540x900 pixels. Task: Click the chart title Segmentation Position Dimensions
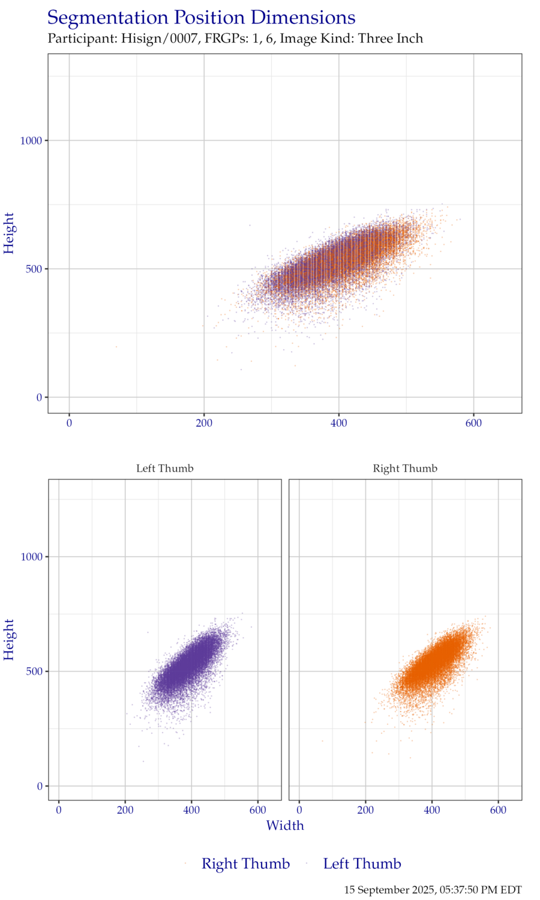coord(201,18)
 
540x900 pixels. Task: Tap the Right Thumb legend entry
coord(245,864)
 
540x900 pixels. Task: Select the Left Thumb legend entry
coord(361,864)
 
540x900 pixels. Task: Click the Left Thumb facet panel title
coord(164,468)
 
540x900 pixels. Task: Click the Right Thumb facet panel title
coord(405,468)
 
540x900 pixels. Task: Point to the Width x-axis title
coord(285,826)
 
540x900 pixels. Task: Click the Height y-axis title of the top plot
coord(9,233)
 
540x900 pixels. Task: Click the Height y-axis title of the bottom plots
coord(9,640)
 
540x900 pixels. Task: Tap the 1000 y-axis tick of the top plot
coord(31,140)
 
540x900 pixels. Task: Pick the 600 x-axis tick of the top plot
coord(473,423)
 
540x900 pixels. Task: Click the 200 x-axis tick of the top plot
coord(204,423)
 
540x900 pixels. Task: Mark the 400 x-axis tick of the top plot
coord(339,423)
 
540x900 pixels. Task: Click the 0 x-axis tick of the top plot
coord(69,423)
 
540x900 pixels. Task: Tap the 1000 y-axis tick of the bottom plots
coord(31,557)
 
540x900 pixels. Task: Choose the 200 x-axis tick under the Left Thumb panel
coord(125,810)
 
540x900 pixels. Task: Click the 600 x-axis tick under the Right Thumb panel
coord(498,810)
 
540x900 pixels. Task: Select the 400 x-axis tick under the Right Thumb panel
coord(431,810)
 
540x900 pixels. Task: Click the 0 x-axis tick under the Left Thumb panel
coord(59,810)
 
